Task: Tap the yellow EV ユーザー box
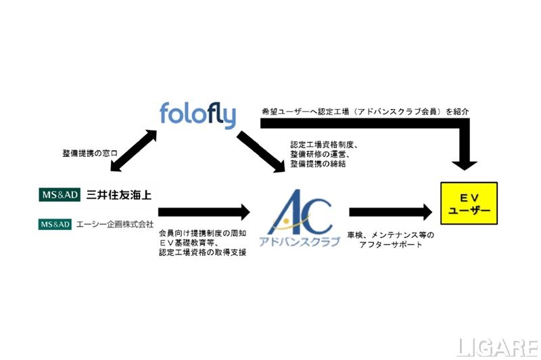pyautogui.click(x=469, y=203)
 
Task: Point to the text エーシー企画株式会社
pyautogui.click(x=115, y=223)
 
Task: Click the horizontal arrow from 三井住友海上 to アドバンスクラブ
pyautogui.click(x=204, y=211)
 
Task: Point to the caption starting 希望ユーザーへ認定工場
pyautogui.click(x=365, y=110)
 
